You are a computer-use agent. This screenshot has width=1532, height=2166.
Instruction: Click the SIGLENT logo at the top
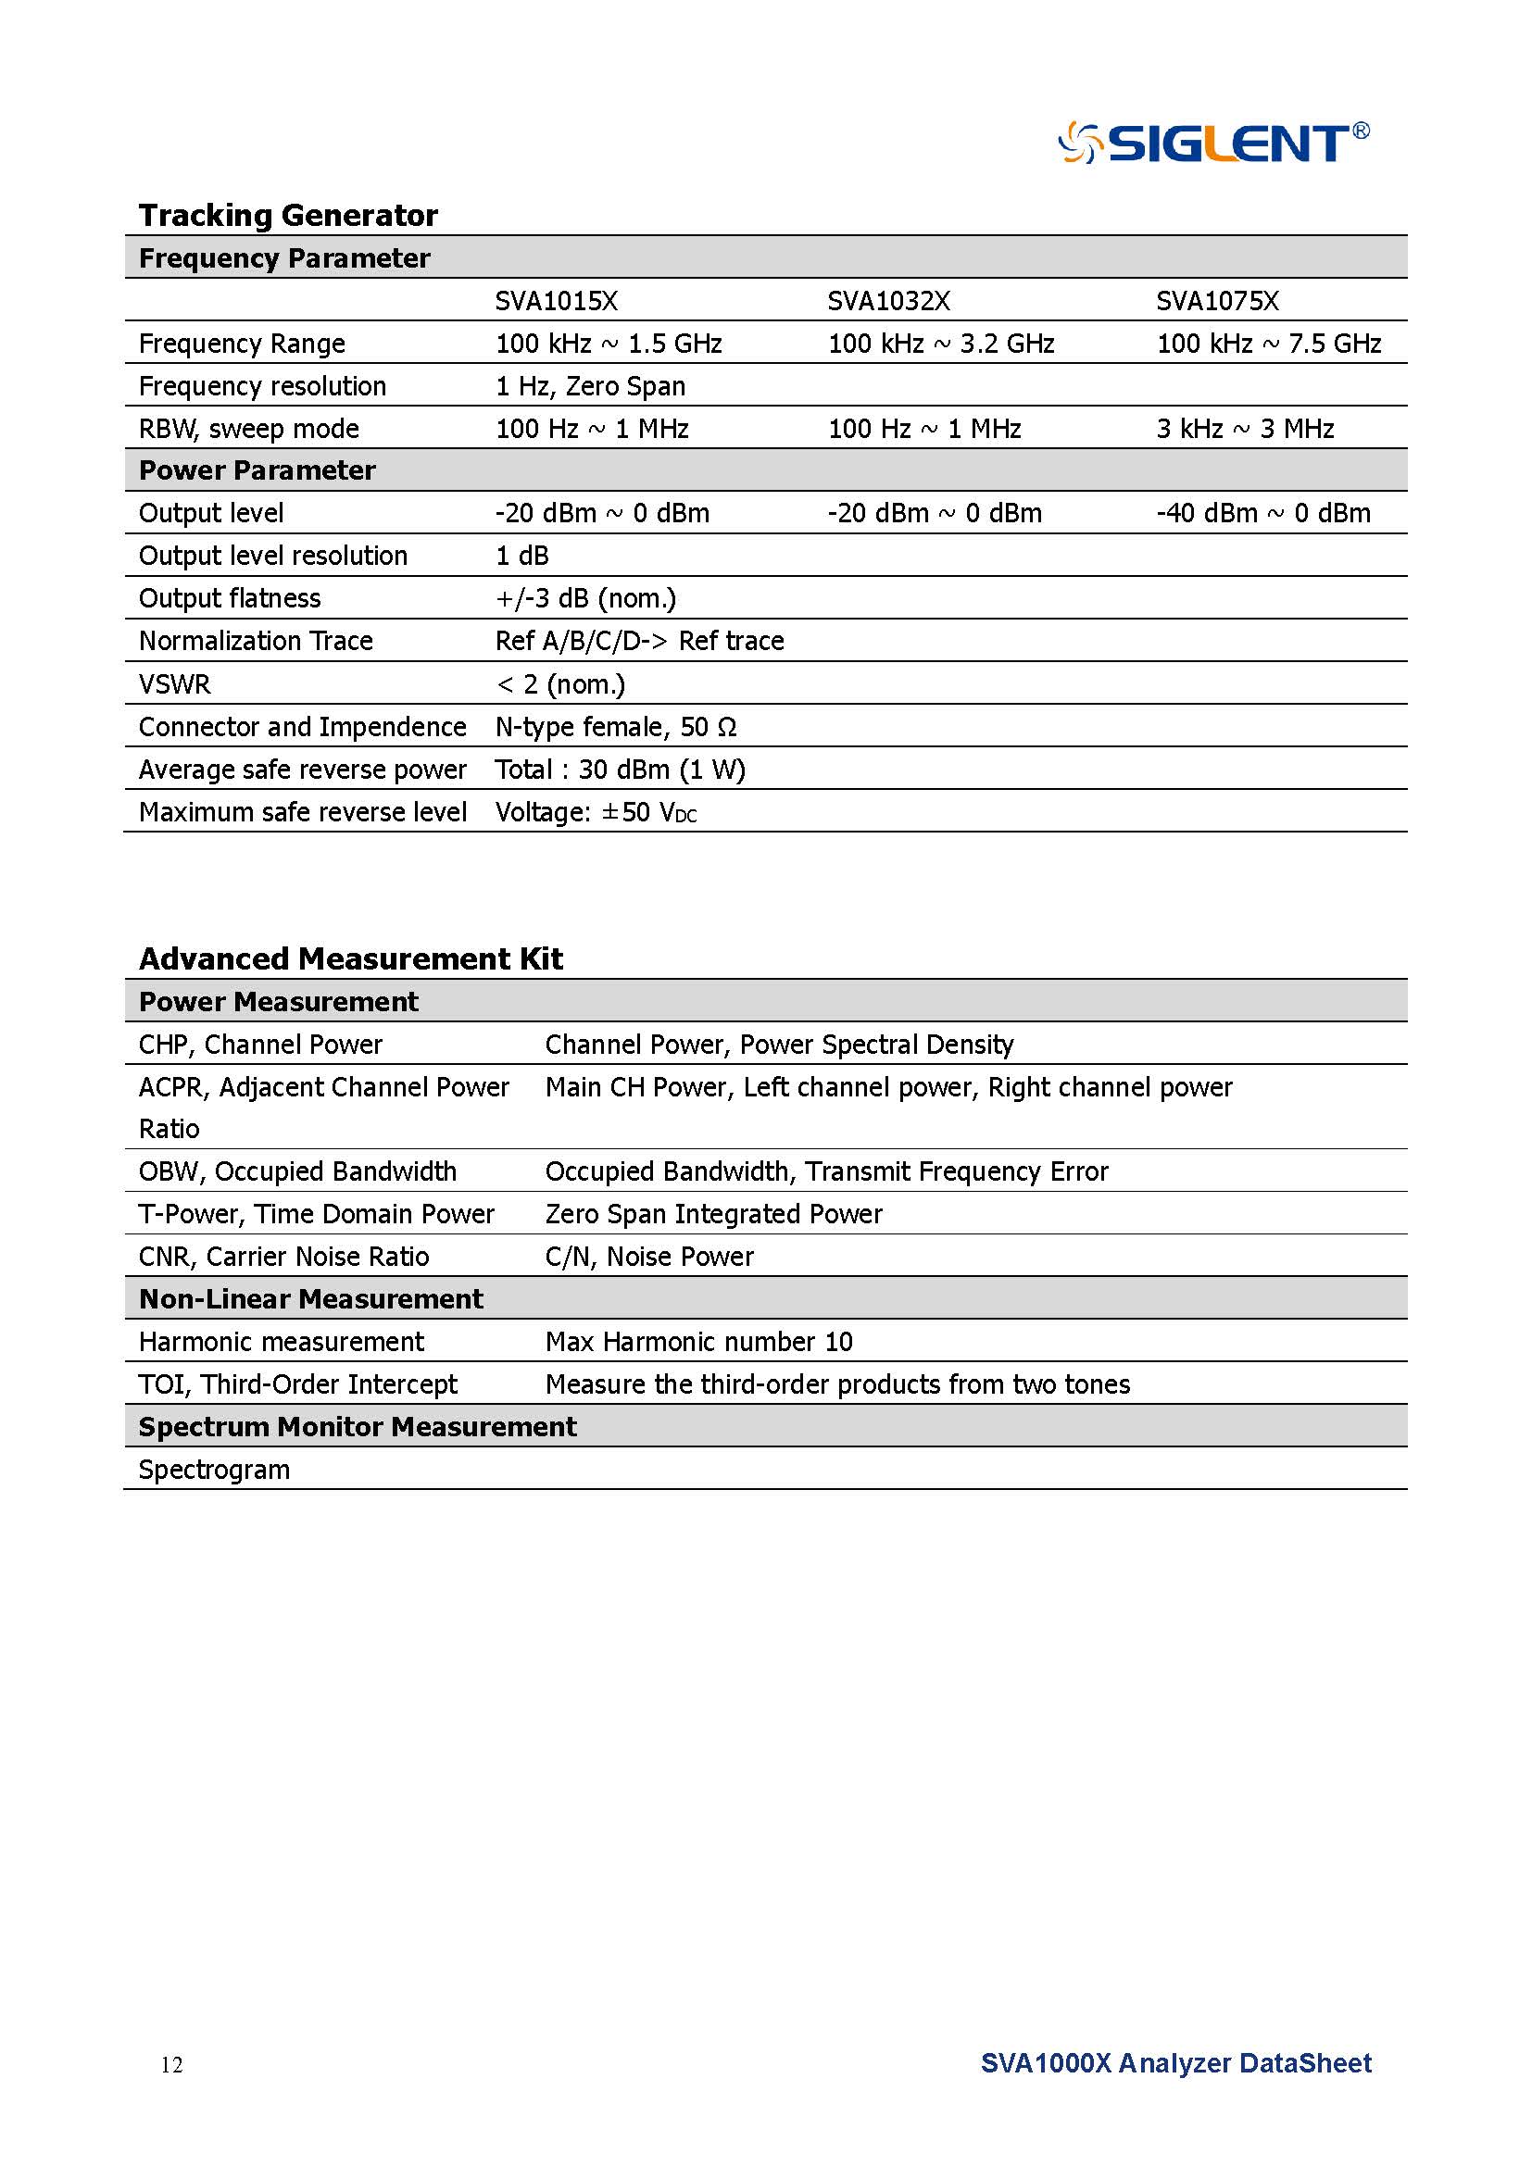(x=1213, y=144)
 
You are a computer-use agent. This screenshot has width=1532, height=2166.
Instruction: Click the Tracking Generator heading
(x=288, y=215)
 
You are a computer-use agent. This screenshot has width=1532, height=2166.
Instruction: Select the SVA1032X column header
(x=888, y=301)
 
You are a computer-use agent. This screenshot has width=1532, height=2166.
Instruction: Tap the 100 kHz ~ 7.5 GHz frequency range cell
(x=1269, y=344)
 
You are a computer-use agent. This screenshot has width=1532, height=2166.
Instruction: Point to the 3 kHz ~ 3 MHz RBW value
(x=1245, y=430)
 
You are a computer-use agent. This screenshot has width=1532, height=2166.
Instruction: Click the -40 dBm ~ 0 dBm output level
(x=1263, y=513)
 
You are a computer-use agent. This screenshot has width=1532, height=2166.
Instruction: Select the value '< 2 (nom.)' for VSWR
(x=560, y=684)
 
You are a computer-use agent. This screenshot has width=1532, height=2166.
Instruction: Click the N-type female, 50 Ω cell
(x=616, y=726)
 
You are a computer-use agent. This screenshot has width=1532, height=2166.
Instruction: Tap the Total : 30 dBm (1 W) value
(x=620, y=770)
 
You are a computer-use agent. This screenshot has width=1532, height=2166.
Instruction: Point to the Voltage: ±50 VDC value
(x=596, y=812)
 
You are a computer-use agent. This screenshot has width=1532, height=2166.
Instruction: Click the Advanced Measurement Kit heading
(x=350, y=958)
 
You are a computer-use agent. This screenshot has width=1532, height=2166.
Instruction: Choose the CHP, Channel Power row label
(x=260, y=1045)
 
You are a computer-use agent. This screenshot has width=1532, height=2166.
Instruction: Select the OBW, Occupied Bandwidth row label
(x=297, y=1171)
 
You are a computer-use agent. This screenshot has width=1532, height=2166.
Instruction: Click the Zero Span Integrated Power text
(x=713, y=1214)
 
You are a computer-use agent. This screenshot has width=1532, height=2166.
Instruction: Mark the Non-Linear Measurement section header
(x=310, y=1299)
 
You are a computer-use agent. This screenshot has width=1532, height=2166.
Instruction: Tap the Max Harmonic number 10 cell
(x=698, y=1342)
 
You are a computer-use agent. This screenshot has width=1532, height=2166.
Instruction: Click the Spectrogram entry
(x=214, y=1470)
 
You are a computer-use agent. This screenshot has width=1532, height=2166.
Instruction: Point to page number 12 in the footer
(x=171, y=2065)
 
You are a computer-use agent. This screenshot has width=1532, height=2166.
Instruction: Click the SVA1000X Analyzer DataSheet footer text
(x=1175, y=2063)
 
